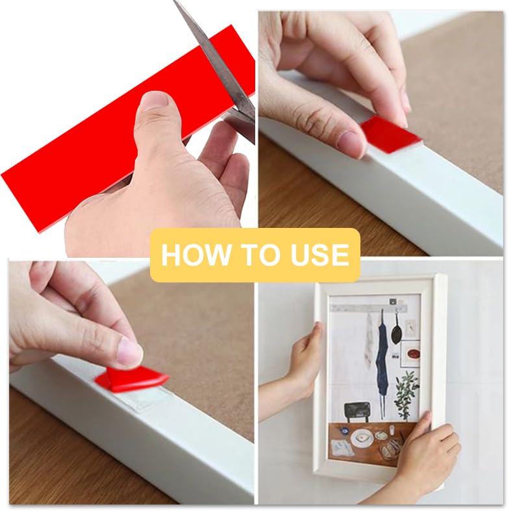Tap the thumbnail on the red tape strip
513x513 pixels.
coord(154,104)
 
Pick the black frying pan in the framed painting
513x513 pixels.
coord(396,331)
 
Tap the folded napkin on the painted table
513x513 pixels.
coord(341,447)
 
